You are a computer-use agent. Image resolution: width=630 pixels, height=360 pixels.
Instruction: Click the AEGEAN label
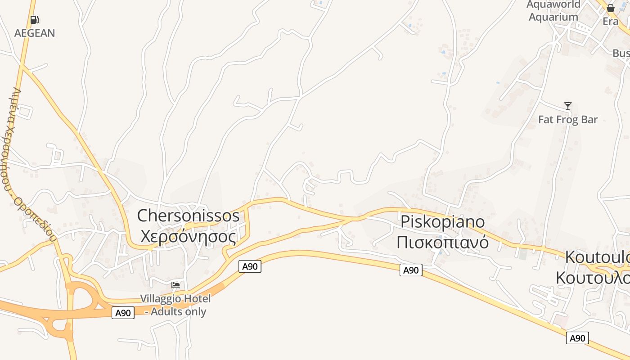[35, 33]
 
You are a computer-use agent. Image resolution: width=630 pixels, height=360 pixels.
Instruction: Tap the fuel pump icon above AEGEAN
[35, 20]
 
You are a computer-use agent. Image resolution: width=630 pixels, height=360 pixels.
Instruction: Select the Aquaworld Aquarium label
[553, 11]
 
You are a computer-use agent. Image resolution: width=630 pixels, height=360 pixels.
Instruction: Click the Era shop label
[611, 21]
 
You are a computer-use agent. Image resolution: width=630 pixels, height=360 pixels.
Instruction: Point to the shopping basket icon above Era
[611, 8]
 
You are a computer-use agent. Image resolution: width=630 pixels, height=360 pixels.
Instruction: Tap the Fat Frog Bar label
[568, 119]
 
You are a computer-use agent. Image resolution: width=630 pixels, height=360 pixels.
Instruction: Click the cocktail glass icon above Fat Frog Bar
[568, 106]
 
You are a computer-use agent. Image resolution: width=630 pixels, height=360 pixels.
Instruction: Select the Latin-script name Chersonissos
[188, 216]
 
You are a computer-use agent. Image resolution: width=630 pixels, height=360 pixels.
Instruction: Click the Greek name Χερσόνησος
[188, 236]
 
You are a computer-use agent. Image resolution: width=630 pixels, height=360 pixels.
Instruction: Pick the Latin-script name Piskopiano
[443, 221]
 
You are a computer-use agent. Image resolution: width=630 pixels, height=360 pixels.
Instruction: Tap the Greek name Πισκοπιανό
[443, 242]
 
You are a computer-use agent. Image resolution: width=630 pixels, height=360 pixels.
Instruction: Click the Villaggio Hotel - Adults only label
[175, 305]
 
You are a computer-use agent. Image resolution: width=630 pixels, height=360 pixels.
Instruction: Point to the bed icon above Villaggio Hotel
[175, 285]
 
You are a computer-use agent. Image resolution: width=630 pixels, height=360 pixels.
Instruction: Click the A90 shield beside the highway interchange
[123, 313]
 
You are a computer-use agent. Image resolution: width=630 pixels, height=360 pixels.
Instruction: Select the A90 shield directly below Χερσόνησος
[250, 266]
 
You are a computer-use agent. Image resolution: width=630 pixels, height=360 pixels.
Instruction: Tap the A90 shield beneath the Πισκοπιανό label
[411, 270]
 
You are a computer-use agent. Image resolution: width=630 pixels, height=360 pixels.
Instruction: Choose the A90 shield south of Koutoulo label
[577, 338]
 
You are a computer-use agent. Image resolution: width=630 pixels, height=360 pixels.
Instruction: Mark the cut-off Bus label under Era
[621, 53]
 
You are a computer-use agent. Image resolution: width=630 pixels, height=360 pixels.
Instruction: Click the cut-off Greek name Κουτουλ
[593, 278]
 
